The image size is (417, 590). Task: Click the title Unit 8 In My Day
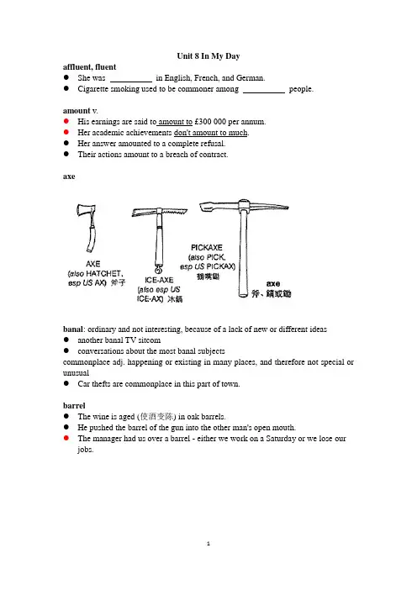point(208,56)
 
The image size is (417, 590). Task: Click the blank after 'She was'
point(131,82)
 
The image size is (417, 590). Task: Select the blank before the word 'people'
point(264,92)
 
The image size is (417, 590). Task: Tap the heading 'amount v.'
point(80,111)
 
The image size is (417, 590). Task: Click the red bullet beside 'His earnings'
point(66,121)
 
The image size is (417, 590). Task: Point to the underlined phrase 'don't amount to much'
point(211,133)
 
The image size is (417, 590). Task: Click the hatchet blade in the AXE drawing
point(87,211)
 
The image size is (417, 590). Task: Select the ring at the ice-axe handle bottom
point(158,270)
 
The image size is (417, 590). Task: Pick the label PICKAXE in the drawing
point(207,248)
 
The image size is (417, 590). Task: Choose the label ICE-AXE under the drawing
point(159,280)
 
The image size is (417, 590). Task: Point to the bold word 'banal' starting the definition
point(72,329)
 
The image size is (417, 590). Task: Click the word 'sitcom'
point(149,340)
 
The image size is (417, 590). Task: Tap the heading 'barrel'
point(74,406)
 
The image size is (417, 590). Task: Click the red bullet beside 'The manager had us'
point(66,438)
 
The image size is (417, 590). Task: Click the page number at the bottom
point(208,544)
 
